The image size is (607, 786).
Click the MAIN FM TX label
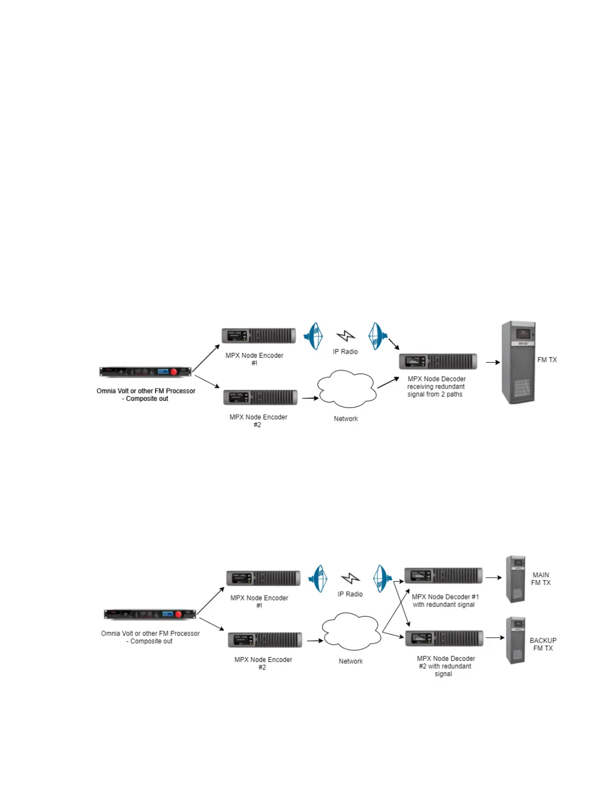tap(541, 579)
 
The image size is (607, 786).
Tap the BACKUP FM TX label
tap(543, 644)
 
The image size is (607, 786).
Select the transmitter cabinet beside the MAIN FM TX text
tap(515, 579)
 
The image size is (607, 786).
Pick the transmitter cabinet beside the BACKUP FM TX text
tap(515, 640)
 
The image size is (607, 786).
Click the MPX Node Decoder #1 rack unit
tap(443, 576)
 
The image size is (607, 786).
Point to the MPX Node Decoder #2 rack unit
tap(444, 638)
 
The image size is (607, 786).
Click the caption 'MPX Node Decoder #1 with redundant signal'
tap(445, 600)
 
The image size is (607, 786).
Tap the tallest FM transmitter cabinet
tap(518, 362)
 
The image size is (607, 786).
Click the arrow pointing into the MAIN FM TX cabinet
tap(493, 578)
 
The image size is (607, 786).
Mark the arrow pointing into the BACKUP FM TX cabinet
tap(494, 638)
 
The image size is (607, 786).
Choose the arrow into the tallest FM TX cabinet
tap(492, 362)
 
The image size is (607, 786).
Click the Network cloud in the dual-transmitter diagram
tap(351, 631)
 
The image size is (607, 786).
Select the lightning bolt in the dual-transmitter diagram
tap(351, 579)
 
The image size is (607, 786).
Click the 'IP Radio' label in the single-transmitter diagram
tap(345, 352)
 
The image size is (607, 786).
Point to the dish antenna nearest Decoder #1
tap(381, 579)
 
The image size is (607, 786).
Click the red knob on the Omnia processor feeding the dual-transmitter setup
tap(178, 614)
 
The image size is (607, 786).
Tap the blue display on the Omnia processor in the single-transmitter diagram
tap(163, 371)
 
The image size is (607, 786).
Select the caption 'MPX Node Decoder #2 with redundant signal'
tap(445, 666)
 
